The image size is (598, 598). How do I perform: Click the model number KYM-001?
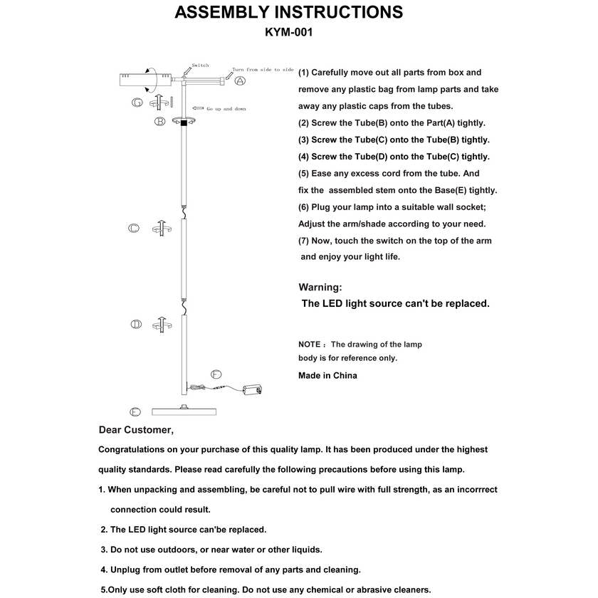coord(288,32)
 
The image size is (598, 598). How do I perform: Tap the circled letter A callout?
coord(241,80)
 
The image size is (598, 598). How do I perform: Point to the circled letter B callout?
coord(160,122)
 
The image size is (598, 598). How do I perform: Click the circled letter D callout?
coord(135,325)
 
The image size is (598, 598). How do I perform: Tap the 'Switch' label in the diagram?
coord(200,65)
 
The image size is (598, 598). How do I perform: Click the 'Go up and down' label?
coord(226,109)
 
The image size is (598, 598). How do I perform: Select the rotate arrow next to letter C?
coord(160,228)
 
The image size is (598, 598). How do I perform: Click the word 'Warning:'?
coord(320,288)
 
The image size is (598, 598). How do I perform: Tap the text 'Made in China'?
coord(327,375)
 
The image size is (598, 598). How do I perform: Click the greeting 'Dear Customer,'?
coord(135,430)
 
